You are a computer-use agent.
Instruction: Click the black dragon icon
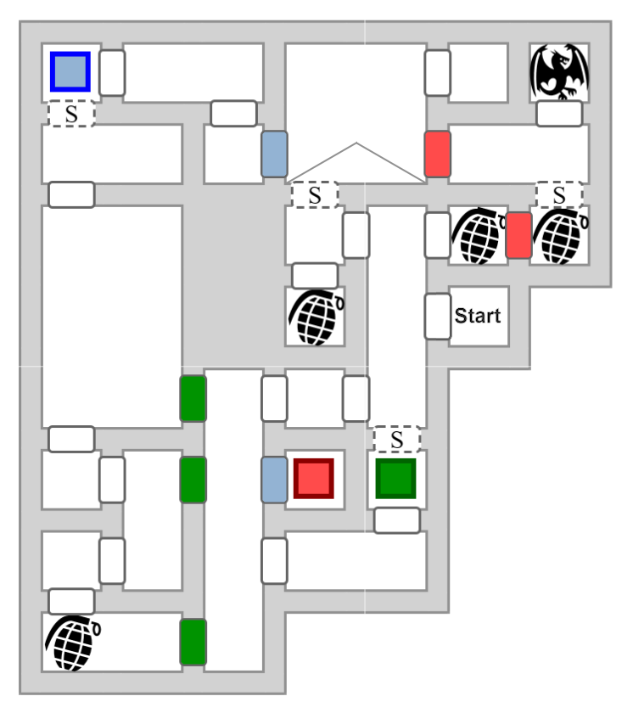pyautogui.click(x=559, y=73)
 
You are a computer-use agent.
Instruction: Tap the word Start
pyautogui.click(x=478, y=316)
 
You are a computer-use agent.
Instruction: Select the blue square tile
pyautogui.click(x=70, y=72)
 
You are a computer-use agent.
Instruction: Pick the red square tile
pyautogui.click(x=313, y=479)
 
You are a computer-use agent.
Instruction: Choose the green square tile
pyautogui.click(x=395, y=479)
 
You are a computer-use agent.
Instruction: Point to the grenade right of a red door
pyautogui.click(x=559, y=236)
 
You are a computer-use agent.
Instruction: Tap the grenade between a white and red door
pyautogui.click(x=478, y=236)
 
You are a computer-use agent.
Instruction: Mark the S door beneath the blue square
pyautogui.click(x=71, y=114)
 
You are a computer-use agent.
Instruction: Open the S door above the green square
pyautogui.click(x=397, y=440)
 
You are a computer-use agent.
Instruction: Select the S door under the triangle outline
pyautogui.click(x=315, y=194)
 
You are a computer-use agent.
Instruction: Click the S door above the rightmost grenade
pyautogui.click(x=559, y=194)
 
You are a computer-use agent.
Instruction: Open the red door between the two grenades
pyautogui.click(x=518, y=235)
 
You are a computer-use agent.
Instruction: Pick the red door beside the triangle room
pyautogui.click(x=437, y=154)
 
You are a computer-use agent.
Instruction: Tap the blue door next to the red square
pyautogui.click(x=274, y=479)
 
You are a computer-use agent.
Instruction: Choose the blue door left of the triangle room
pyautogui.click(x=274, y=154)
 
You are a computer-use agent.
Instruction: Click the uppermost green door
pyautogui.click(x=193, y=398)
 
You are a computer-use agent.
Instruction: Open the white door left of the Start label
pyautogui.click(x=438, y=316)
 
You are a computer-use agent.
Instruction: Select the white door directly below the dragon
pyautogui.click(x=559, y=114)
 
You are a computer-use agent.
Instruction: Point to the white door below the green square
pyautogui.click(x=397, y=520)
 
